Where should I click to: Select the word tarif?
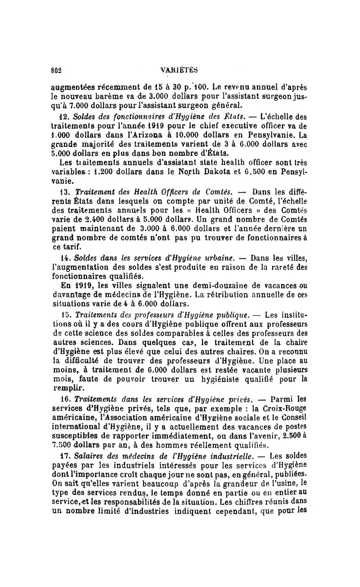[70, 248]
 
